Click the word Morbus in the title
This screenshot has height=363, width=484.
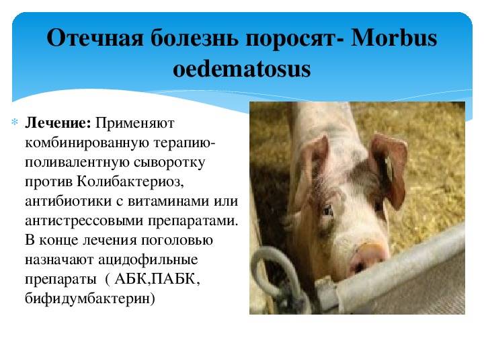(x=393, y=38)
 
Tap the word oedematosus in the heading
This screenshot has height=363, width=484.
(x=242, y=69)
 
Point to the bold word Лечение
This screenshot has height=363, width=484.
(x=58, y=123)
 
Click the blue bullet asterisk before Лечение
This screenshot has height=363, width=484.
(x=15, y=122)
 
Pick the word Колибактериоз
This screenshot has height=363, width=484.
(x=130, y=182)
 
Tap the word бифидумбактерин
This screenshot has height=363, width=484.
(x=89, y=298)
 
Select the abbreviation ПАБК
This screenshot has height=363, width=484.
(x=175, y=279)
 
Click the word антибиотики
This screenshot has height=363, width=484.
(x=68, y=201)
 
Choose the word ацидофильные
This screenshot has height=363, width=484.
(x=148, y=260)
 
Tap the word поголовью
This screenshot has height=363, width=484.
(x=177, y=241)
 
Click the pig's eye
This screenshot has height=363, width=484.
(x=327, y=211)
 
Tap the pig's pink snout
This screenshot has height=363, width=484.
(x=367, y=258)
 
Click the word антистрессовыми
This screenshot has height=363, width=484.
(x=84, y=221)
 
